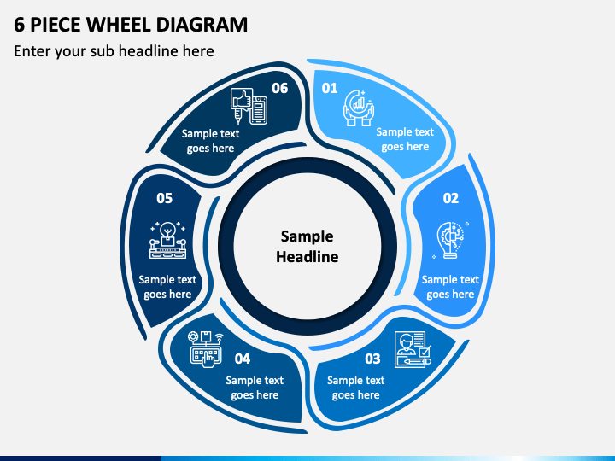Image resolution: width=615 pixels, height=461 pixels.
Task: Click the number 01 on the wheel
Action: [x=330, y=88]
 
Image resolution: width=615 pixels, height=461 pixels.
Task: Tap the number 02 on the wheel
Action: [x=450, y=198]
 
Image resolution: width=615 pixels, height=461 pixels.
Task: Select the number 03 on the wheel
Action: [x=372, y=359]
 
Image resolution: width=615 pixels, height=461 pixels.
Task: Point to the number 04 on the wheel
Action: [x=243, y=359]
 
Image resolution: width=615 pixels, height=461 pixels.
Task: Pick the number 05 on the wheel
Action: [x=164, y=198]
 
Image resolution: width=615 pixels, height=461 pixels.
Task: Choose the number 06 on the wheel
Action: [x=280, y=88]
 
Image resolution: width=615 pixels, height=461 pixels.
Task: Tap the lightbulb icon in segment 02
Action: [x=449, y=240]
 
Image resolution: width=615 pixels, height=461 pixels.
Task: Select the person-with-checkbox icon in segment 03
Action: [x=413, y=351]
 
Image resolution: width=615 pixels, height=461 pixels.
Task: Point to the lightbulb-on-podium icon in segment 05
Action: [x=167, y=240]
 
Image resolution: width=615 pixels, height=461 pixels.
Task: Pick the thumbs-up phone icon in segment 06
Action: [x=249, y=106]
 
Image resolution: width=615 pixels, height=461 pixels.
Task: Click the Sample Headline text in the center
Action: [x=307, y=246]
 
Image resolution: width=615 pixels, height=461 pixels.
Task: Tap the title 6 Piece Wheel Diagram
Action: [x=132, y=24]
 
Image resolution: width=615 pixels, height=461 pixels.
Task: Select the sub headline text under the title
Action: [x=114, y=51]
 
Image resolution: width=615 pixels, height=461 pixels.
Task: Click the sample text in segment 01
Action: [x=405, y=139]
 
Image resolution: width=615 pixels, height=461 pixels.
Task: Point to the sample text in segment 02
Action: [x=450, y=287]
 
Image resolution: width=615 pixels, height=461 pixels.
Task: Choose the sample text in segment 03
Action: [x=356, y=388]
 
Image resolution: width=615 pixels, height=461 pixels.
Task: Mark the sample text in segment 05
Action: [x=167, y=287]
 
